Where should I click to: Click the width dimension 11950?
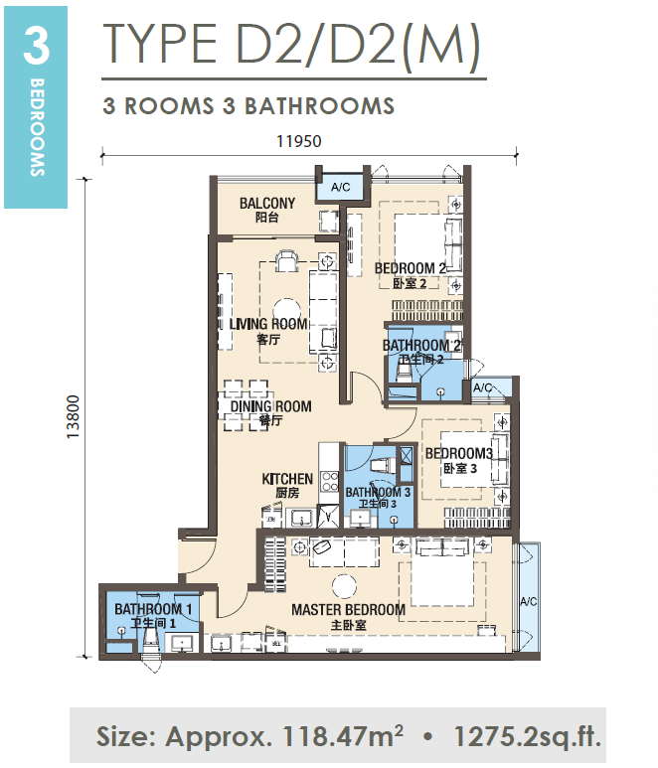point(299,141)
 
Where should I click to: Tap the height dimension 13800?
point(73,417)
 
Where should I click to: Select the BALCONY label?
point(267,204)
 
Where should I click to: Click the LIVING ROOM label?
point(268,324)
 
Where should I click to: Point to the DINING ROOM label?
point(271,406)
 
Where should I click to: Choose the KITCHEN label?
point(287,479)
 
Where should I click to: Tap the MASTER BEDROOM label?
point(348,610)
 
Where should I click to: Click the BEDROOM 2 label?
point(411,268)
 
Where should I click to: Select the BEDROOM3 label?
point(458,453)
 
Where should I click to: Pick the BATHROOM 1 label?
point(153,609)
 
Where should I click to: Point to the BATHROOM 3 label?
point(378,492)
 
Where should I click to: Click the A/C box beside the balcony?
point(341,187)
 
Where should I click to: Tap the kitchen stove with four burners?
point(329,481)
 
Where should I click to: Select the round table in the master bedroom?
point(345,585)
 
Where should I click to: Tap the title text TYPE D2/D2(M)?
point(292,45)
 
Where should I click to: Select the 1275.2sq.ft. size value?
point(527,736)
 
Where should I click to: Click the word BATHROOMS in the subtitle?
point(319,106)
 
